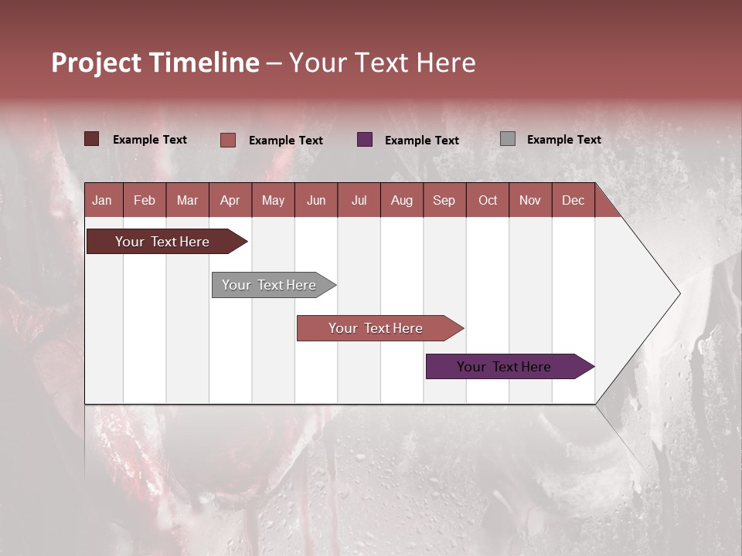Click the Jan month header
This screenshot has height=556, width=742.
(x=102, y=200)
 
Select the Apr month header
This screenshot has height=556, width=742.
(x=230, y=200)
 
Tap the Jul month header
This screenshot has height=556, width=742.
(x=359, y=200)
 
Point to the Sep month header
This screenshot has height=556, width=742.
(x=444, y=200)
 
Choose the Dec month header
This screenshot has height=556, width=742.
(x=573, y=200)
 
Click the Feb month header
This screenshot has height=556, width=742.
(x=145, y=200)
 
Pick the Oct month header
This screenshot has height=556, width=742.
(x=488, y=200)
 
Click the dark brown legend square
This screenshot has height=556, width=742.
(x=92, y=139)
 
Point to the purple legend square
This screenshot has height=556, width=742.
(x=365, y=140)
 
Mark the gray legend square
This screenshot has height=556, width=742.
(x=508, y=139)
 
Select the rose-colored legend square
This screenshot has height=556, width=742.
(x=228, y=140)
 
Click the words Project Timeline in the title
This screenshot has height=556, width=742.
(x=155, y=63)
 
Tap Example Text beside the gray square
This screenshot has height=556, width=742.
(x=563, y=140)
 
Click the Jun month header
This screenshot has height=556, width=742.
(x=316, y=200)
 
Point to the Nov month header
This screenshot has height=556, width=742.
(x=530, y=200)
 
